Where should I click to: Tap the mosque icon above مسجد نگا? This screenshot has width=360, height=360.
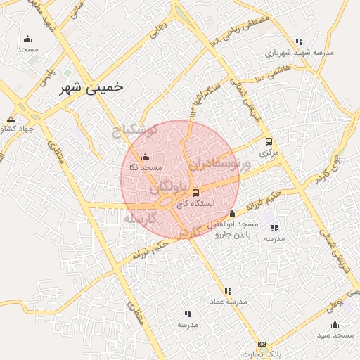(x=145, y=157)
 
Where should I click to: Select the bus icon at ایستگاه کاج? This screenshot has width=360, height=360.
(x=195, y=193)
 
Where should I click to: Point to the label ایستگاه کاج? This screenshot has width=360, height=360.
(x=195, y=204)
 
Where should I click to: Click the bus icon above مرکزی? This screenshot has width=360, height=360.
(x=269, y=141)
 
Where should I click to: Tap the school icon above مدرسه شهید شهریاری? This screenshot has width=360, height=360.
(x=300, y=41)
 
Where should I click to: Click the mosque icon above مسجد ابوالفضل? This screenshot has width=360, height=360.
(x=233, y=214)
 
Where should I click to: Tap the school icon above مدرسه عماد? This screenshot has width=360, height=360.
(x=228, y=290)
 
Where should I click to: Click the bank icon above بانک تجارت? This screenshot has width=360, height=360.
(x=262, y=345)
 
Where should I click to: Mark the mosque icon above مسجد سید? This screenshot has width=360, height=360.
(x=335, y=324)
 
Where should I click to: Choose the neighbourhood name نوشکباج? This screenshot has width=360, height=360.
(x=138, y=131)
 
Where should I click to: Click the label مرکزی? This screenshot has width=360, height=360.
(x=269, y=152)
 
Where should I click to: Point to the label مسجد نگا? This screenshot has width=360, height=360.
(x=145, y=168)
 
